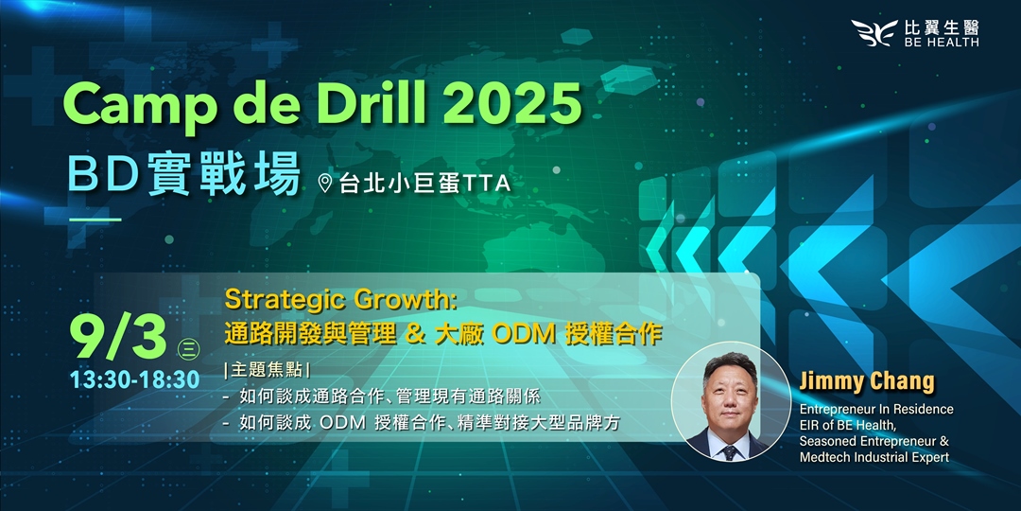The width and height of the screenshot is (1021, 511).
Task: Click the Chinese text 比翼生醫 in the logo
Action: point(942,27)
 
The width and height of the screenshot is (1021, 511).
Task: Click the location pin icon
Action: point(324,184)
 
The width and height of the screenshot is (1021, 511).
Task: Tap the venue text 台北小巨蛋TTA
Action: point(424,184)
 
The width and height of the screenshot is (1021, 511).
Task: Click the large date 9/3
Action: point(120,339)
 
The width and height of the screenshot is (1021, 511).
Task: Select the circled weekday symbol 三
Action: point(187,349)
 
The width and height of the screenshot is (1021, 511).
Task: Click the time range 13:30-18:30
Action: point(136,379)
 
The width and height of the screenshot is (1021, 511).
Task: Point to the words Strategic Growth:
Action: point(342,302)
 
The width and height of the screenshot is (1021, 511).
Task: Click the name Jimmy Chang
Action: point(867,381)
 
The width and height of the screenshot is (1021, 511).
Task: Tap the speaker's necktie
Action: point(731,451)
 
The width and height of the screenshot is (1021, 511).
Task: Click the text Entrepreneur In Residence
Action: point(876,410)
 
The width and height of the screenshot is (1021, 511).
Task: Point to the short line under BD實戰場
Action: point(95,220)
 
